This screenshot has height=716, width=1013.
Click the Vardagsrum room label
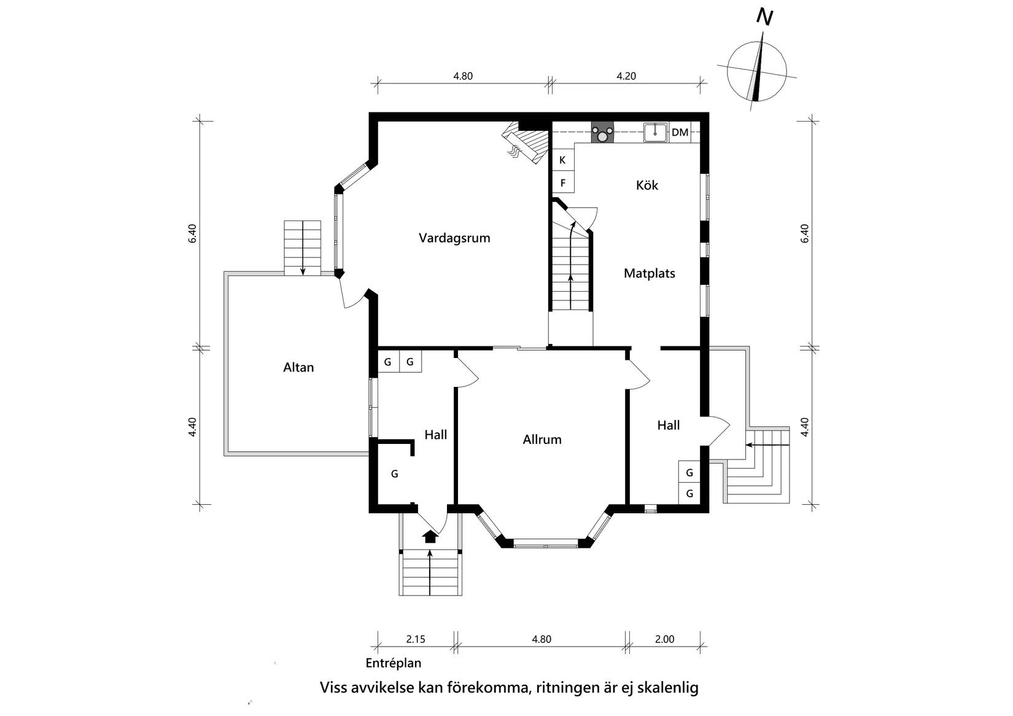pyautogui.click(x=454, y=238)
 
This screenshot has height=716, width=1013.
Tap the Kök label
pyautogui.click(x=646, y=185)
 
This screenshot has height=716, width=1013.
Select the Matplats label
pyautogui.click(x=650, y=273)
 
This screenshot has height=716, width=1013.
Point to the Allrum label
pyautogui.click(x=541, y=439)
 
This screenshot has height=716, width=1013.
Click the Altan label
pyautogui.click(x=298, y=367)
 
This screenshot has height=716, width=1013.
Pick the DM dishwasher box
pyautogui.click(x=680, y=132)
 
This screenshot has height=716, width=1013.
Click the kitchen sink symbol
pyautogui.click(x=655, y=132)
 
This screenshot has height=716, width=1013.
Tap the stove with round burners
pyautogui.click(x=603, y=132)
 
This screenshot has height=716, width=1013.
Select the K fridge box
pyautogui.click(x=563, y=160)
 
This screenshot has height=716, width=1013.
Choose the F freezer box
pyautogui.click(x=563, y=183)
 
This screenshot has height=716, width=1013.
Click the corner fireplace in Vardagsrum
pyautogui.click(x=527, y=140)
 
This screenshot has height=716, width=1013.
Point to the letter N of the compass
pyautogui.click(x=765, y=17)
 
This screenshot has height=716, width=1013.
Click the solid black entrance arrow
pyautogui.click(x=430, y=537)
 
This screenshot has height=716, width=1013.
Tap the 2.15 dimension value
pyautogui.click(x=416, y=639)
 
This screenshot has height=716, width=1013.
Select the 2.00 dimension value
pyautogui.click(x=664, y=639)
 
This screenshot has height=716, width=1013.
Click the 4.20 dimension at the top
pyautogui.click(x=626, y=76)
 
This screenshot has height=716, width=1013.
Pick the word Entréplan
pyautogui.click(x=394, y=663)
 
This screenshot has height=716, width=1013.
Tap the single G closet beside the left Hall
pyautogui.click(x=395, y=473)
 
